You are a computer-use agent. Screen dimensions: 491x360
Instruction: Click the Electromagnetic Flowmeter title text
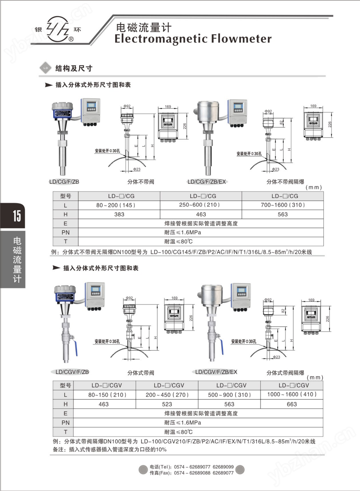pos(193,39)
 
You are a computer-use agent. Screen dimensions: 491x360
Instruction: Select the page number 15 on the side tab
pos(16,216)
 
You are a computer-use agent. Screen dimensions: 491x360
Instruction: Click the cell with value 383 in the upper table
pos(119,214)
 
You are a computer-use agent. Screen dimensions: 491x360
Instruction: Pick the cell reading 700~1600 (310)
pos(283,205)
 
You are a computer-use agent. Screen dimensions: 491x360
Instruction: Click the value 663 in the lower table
pos(292,404)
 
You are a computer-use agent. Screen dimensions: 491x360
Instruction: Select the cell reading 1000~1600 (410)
pos(292,394)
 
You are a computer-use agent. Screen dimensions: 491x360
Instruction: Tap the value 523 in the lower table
pos(167,404)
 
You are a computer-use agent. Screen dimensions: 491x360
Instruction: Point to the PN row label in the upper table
pos(66,232)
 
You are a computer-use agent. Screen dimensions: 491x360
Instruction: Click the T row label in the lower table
pos(66,432)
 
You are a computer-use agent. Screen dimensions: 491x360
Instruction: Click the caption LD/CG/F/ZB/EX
pos(207,182)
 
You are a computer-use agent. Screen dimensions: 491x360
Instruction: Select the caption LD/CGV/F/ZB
pos(72,372)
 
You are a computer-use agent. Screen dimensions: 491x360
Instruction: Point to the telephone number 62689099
pos(223,467)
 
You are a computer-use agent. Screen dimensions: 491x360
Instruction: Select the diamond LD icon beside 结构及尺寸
pos(46,68)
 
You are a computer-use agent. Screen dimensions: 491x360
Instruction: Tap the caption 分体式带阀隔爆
pos(285,373)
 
